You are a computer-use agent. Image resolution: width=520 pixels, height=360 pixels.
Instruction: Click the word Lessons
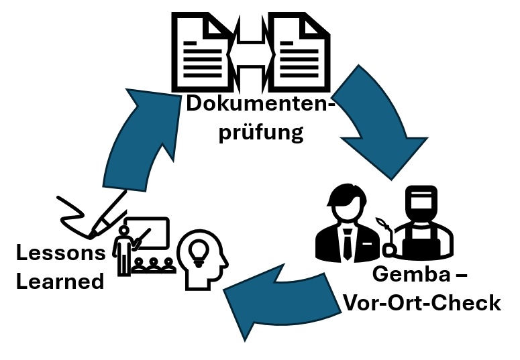pyautogui.click(x=61, y=253)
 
